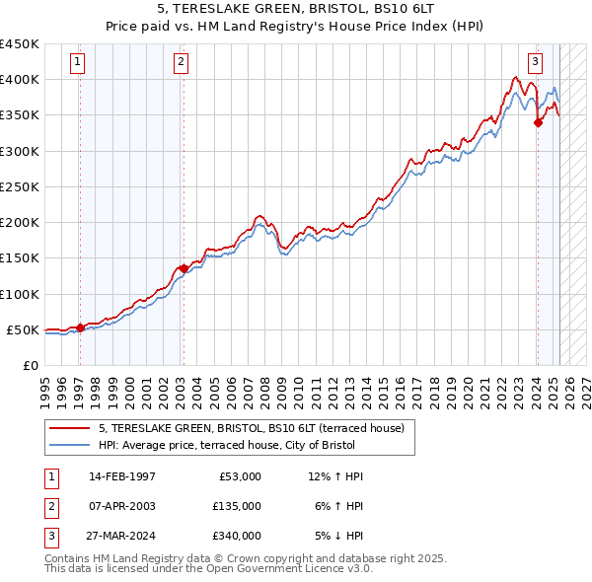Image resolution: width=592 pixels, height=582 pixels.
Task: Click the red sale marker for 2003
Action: pyautogui.click(x=184, y=268)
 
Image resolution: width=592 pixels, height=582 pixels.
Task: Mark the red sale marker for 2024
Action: pyautogui.click(x=538, y=122)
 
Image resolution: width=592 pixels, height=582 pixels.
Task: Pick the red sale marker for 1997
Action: pyautogui.click(x=80, y=327)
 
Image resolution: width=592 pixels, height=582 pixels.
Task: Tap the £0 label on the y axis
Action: pyautogui.click(x=30, y=365)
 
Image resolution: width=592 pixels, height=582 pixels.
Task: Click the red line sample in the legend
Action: pyautogui.click(x=70, y=428)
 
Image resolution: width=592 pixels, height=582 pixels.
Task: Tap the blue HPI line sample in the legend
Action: pyautogui.click(x=70, y=445)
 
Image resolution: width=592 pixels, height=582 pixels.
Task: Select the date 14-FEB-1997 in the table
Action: pyautogui.click(x=122, y=476)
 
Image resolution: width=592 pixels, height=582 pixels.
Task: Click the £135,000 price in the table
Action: pyautogui.click(x=237, y=506)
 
